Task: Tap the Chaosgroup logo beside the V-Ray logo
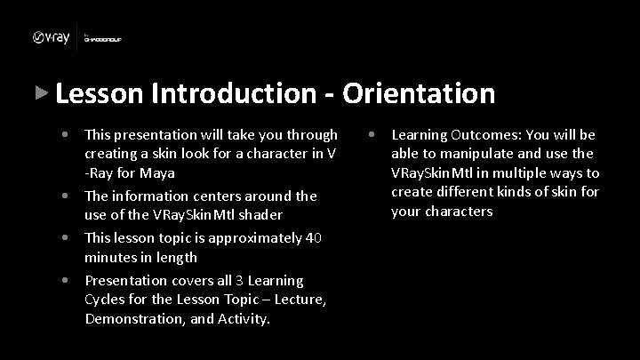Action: click(x=102, y=38)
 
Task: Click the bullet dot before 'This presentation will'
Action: click(x=67, y=135)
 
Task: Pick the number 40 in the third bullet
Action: click(x=313, y=237)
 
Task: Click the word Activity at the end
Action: click(x=243, y=318)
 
